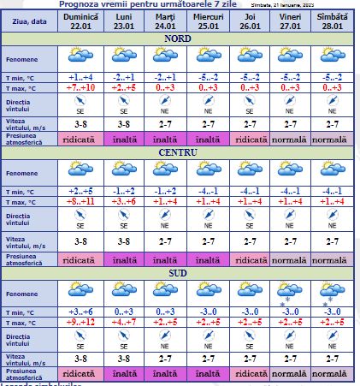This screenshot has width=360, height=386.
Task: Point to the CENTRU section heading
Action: point(178,152)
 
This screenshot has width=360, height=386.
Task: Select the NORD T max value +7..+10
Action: point(82,88)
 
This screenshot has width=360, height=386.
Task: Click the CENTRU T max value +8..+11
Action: point(82,200)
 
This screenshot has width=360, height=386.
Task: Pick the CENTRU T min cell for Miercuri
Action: point(209,190)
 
